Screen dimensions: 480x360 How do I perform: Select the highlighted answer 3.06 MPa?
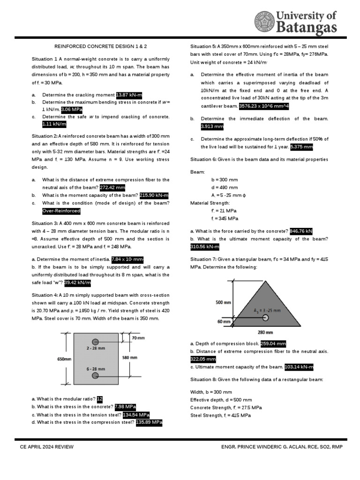(x=72, y=109)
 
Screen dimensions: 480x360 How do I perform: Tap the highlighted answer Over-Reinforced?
(x=61, y=211)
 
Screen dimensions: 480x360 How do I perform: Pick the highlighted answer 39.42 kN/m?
(x=77, y=283)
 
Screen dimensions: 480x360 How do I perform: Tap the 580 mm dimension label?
(x=130, y=358)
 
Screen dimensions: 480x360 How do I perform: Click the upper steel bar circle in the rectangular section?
(x=95, y=341)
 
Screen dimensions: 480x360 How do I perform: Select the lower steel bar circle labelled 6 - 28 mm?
(x=95, y=375)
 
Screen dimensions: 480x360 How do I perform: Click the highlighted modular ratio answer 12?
(x=99, y=399)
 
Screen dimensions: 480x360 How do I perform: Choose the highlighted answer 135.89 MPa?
(x=149, y=422)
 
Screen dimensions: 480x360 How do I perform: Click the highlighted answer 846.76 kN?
(x=301, y=231)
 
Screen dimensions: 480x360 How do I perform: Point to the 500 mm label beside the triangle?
(x=223, y=303)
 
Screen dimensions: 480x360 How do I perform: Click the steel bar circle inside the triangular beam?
(x=265, y=317)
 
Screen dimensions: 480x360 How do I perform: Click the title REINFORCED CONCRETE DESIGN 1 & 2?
(x=101, y=46)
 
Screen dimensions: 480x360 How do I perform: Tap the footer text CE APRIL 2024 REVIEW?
(x=47, y=447)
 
